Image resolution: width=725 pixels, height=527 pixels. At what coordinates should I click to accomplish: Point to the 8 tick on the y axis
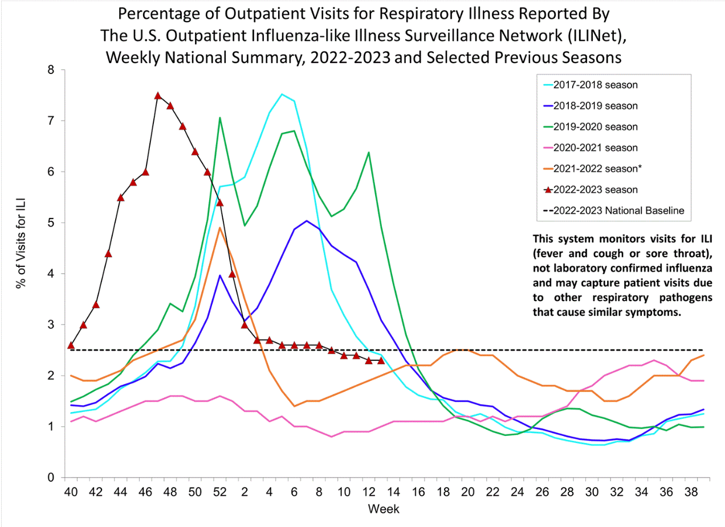click(x=51, y=70)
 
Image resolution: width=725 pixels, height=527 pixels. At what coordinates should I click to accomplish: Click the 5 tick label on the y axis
click(x=51, y=223)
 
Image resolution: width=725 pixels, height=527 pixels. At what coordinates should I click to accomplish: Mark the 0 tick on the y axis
click(x=51, y=477)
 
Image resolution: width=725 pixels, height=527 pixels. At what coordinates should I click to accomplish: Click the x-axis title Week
click(x=383, y=509)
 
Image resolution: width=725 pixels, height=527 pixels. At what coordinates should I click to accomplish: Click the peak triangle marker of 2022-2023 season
click(x=158, y=96)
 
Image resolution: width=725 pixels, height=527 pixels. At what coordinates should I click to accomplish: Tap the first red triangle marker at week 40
click(x=71, y=345)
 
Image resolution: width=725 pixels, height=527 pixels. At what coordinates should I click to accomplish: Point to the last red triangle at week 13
click(x=381, y=360)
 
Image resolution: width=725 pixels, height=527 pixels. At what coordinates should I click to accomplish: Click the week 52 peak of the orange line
click(x=220, y=228)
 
